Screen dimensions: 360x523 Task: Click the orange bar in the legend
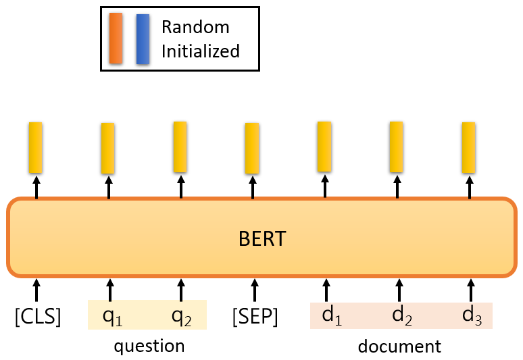coord(116,38)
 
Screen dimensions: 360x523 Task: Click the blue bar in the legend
coord(143,38)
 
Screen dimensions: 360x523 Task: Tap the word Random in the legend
coord(195,28)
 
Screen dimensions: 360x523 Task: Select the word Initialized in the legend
coord(200,51)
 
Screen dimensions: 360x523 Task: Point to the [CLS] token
coord(38,316)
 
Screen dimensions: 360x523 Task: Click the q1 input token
coord(112,316)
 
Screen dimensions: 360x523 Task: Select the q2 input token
coord(181,316)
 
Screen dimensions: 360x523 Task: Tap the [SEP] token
coord(255,316)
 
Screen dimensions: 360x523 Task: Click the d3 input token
coord(472,315)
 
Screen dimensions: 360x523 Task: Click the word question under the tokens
coord(149,346)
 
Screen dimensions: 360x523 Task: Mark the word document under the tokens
coord(399,346)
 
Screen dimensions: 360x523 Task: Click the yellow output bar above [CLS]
coord(36,147)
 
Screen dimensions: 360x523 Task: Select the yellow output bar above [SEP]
coord(252,147)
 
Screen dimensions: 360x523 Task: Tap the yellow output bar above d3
coord(468,147)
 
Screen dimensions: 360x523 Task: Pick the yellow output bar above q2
coord(180,146)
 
